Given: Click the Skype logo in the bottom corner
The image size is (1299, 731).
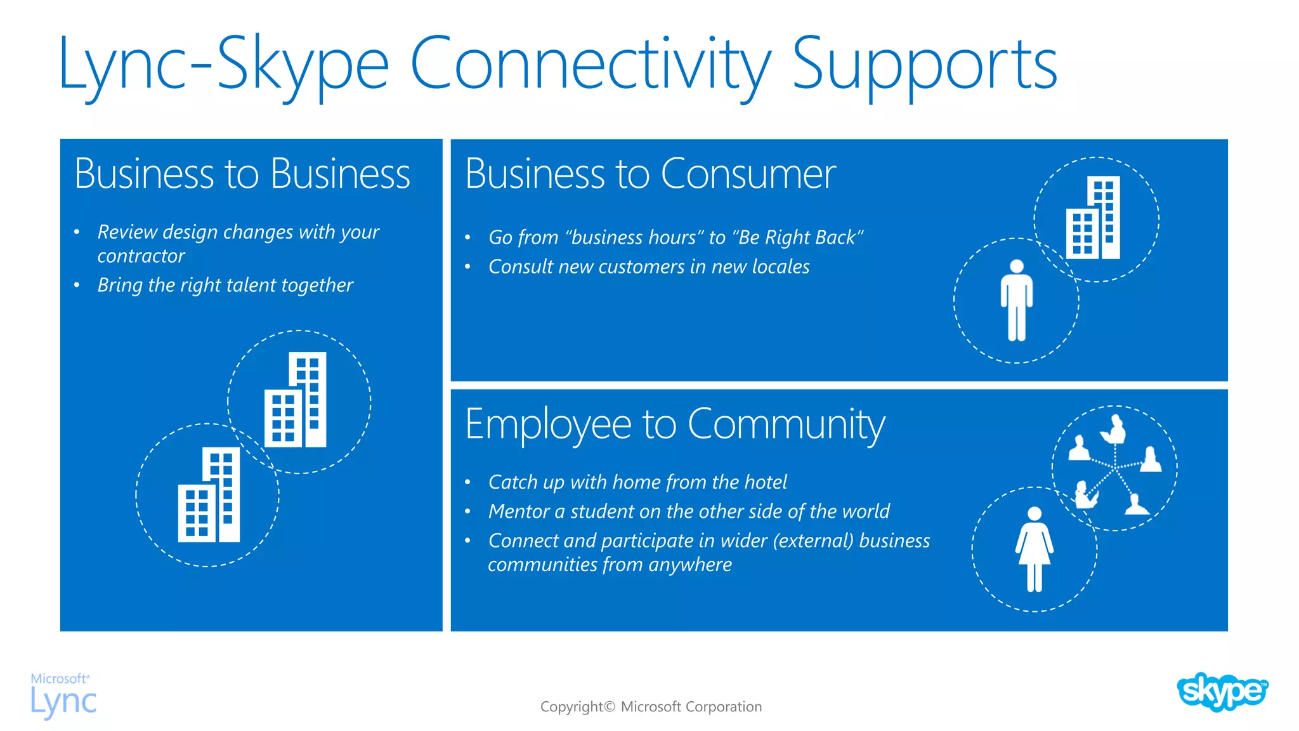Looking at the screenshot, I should pos(1222,692).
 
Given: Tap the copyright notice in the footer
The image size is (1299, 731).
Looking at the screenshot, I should pos(651,707).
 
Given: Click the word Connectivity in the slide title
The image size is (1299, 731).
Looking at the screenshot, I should pos(590,63).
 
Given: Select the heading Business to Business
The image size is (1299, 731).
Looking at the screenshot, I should pos(242,174).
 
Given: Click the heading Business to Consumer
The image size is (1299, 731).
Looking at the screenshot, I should pos(650,174).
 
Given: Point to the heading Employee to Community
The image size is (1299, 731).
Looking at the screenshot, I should pos(674,424).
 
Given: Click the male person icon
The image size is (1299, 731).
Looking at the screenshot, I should pos(1017,300).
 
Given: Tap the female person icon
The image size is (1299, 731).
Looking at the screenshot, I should pos(1035,549).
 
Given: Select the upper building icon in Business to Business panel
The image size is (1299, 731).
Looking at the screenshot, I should pos(296,400).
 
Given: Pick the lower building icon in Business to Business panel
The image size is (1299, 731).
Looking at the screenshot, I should pos(209,495).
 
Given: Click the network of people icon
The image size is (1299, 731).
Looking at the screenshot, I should pos(1114,468).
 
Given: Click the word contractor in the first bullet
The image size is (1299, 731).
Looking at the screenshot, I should pos(141,256).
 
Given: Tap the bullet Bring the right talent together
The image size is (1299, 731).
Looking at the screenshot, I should pos(225,285).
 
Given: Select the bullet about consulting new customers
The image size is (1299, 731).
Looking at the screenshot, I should pos(649,267).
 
